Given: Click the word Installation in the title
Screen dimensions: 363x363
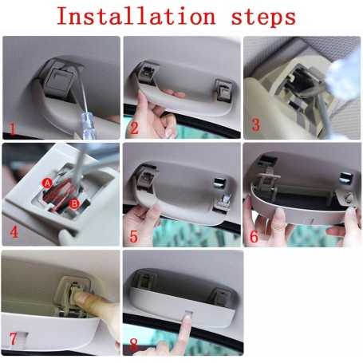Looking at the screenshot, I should (x=131, y=16).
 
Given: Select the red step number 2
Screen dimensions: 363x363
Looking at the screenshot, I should (x=134, y=128).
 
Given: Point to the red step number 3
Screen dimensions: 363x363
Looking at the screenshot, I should (x=255, y=125).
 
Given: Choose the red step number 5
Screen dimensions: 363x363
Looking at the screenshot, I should (x=134, y=236).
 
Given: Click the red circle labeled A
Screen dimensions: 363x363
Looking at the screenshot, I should (x=47, y=183).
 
